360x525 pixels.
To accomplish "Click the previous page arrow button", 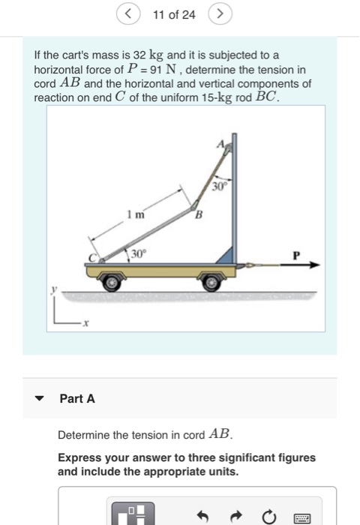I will point(129,14).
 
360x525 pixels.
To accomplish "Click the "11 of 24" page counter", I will point(173,14).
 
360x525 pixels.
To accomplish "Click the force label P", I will point(297,255).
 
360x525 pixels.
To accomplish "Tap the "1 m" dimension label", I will point(135,215).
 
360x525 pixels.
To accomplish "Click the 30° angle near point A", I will point(219,185).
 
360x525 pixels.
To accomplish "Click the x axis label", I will point(86,323).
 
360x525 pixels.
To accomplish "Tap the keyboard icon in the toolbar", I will point(302,516).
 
